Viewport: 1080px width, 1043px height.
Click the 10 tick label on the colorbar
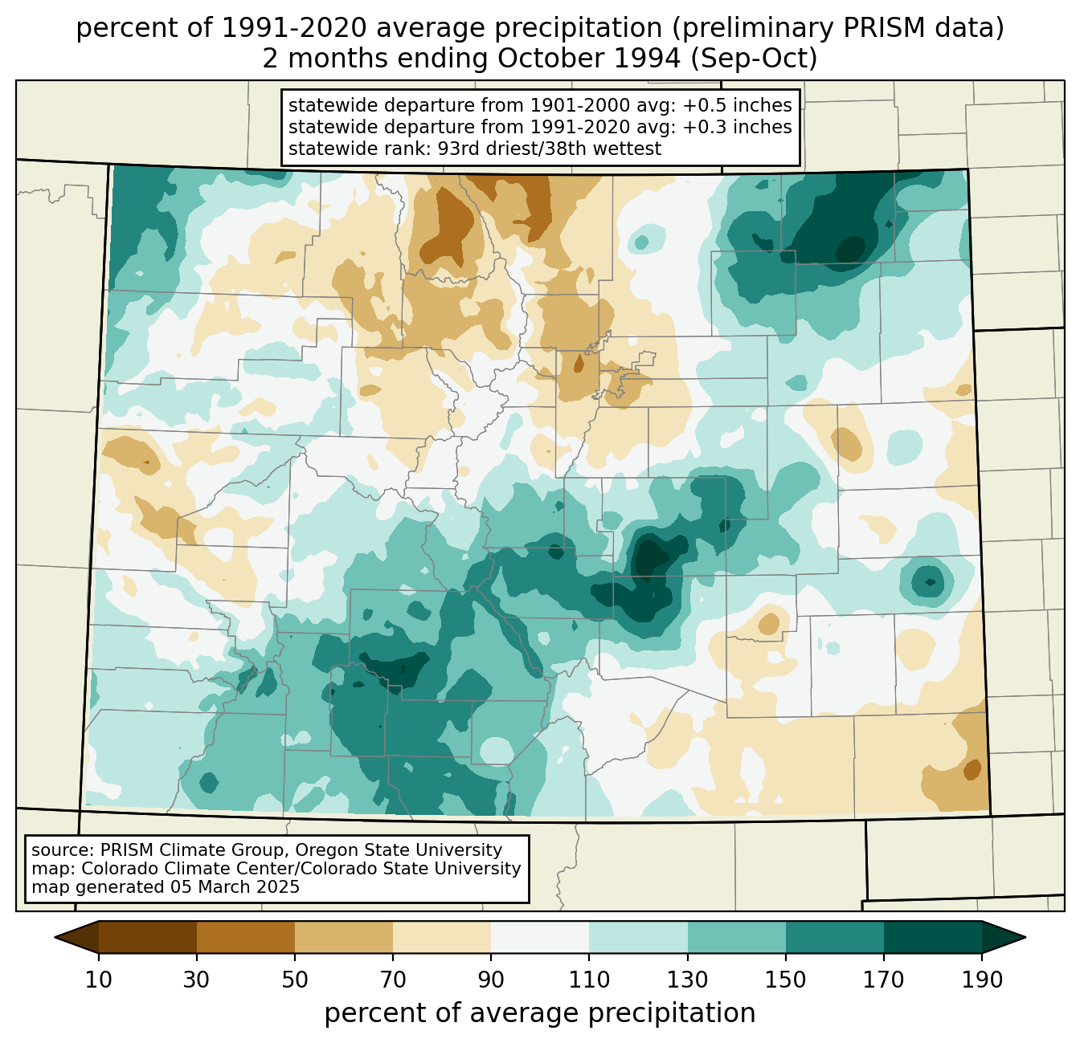coord(99,980)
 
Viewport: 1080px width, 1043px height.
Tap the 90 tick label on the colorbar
coord(491,980)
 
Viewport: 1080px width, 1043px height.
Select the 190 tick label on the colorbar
coord(982,980)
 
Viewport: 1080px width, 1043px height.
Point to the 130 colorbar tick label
coord(687,980)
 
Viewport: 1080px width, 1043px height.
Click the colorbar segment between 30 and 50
coord(246,937)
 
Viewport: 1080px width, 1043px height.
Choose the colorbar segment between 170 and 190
coord(933,937)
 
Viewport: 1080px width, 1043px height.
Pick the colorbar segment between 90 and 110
coord(540,937)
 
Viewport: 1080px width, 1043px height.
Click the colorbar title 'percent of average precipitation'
coord(540,1013)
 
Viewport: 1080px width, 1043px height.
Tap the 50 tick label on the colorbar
coord(295,980)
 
